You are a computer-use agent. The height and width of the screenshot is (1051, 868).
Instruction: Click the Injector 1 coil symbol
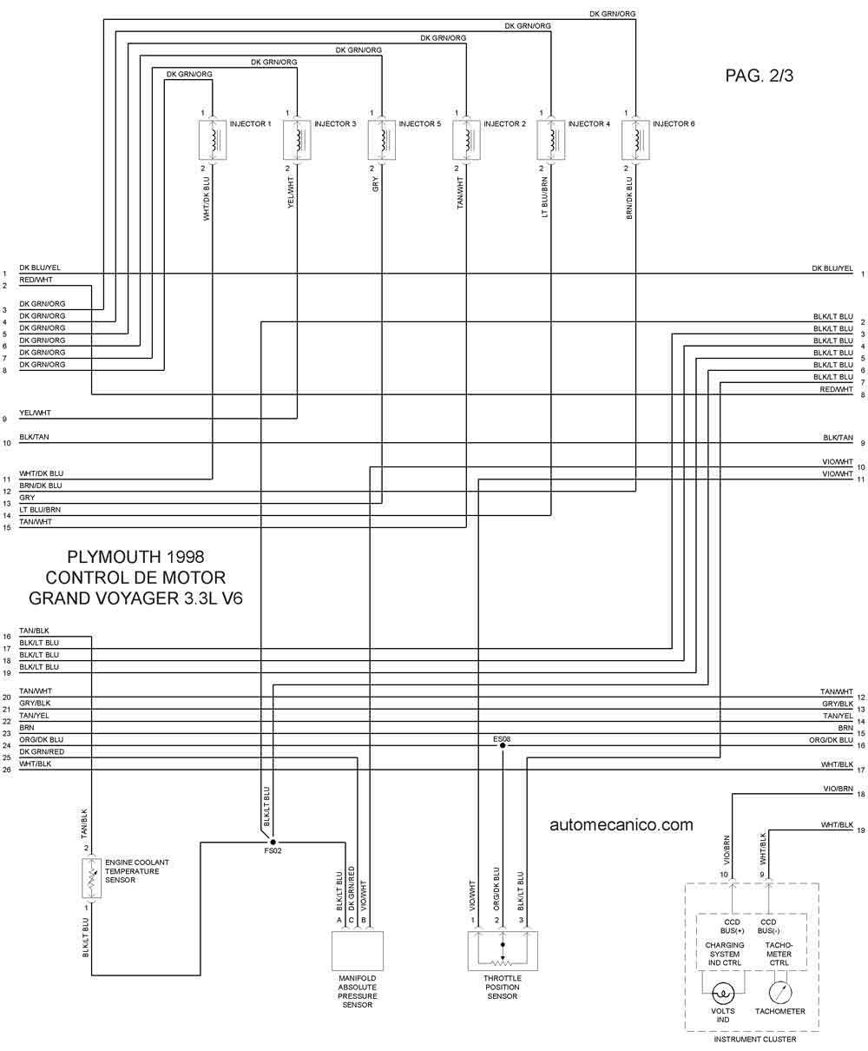213,140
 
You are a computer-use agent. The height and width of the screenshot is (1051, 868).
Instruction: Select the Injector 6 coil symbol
635,140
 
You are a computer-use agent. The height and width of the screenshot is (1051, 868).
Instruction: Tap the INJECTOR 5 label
419,124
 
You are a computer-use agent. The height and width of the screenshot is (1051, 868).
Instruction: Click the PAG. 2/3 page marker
759,76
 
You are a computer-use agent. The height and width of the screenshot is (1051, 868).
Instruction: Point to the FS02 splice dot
273,843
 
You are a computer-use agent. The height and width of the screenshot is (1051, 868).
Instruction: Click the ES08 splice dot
503,745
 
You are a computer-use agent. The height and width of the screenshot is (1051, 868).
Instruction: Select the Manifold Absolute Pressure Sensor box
358,951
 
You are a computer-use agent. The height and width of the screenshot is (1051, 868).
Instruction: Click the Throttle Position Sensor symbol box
503,951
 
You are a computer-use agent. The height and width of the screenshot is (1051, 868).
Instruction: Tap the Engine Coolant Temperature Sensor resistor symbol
92,878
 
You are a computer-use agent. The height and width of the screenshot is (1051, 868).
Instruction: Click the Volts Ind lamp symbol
723,994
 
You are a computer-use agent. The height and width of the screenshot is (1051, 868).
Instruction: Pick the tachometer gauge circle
780,993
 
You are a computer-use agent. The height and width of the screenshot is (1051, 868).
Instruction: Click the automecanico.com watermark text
621,824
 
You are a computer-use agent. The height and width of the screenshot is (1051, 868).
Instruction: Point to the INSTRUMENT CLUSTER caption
755,1039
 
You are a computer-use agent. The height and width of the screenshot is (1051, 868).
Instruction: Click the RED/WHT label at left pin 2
36,280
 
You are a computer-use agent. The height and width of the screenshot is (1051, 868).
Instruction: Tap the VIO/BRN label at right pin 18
838,789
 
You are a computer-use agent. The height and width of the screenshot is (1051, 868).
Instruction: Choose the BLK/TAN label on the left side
34,437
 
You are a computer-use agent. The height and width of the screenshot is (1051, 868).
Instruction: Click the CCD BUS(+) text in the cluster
732,926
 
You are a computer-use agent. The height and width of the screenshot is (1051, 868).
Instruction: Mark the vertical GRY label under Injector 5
375,185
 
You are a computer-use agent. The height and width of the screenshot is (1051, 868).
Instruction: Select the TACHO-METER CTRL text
779,954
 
